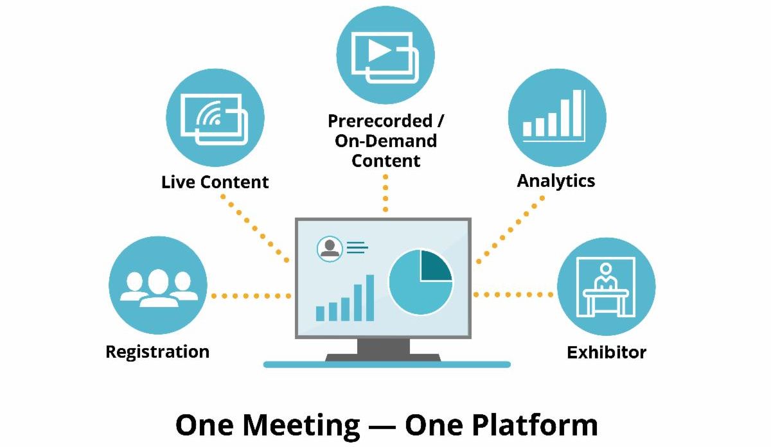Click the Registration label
click(157, 352)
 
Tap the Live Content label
click(215, 182)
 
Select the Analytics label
click(556, 180)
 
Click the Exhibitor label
click(606, 353)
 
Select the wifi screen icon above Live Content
click(215, 117)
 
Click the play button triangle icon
click(380, 52)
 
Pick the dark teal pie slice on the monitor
click(435, 267)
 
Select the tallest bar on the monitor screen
click(369, 297)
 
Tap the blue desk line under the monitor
click(386, 364)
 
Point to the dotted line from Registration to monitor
click(251, 296)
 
